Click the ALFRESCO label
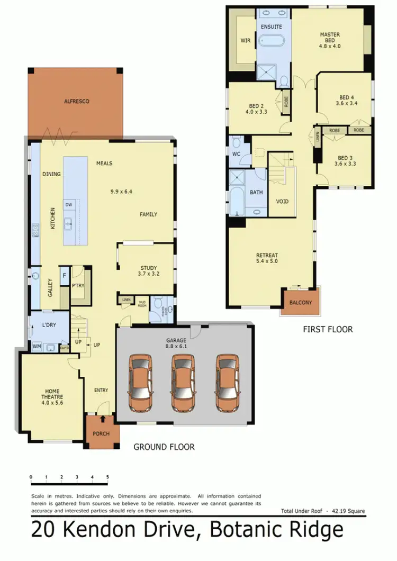(x=75, y=101)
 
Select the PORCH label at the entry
(x=101, y=434)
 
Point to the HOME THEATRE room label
(x=52, y=397)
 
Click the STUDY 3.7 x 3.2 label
(x=149, y=271)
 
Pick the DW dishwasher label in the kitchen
(x=69, y=204)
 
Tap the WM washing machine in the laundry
(x=37, y=346)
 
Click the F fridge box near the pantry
(x=65, y=275)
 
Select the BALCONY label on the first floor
(x=301, y=303)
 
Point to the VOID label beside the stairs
(x=282, y=201)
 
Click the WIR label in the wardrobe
(x=246, y=40)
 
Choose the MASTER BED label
(x=330, y=40)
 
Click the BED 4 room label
(x=347, y=101)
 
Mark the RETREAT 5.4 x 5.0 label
(x=267, y=259)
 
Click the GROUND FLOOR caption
(x=164, y=447)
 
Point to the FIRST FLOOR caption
(x=328, y=329)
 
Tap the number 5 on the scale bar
(x=107, y=477)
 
